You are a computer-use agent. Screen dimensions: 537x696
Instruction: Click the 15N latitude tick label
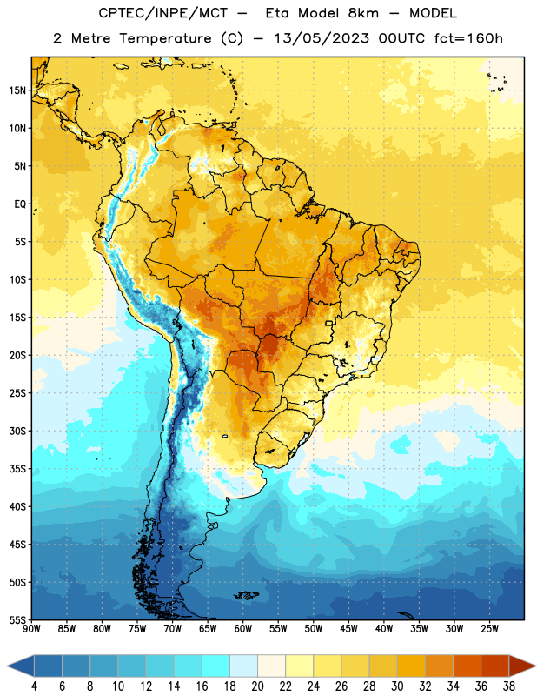point(17,90)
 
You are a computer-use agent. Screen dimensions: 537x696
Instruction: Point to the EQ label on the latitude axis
point(20,204)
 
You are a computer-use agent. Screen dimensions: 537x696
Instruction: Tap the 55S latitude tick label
point(17,620)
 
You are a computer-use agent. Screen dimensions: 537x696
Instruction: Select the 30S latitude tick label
point(17,431)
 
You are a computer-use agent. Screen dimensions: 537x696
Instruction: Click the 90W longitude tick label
point(31,628)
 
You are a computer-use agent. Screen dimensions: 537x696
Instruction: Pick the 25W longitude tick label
point(489,628)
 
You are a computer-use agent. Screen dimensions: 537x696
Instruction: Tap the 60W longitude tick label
point(243,628)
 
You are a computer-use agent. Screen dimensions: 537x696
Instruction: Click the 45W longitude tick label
point(349,628)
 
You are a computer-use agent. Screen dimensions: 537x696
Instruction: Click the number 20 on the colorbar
point(257,686)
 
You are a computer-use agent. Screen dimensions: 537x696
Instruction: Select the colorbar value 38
point(509,686)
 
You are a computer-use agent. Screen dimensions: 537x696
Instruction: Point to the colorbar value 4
point(34,686)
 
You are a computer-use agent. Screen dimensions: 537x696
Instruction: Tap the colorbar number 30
point(397,686)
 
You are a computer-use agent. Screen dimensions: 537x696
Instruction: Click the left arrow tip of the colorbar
point(7,666)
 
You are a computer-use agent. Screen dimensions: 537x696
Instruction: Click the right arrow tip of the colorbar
point(536,666)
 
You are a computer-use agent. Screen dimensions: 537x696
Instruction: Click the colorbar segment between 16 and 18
point(216,666)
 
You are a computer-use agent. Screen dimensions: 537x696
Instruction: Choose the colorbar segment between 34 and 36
point(467,666)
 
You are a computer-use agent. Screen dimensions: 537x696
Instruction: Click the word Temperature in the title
point(165,38)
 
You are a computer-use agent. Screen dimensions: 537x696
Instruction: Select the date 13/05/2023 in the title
point(322,38)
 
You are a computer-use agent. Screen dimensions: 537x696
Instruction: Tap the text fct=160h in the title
point(468,38)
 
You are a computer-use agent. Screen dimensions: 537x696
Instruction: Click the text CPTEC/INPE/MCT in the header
point(163,13)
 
